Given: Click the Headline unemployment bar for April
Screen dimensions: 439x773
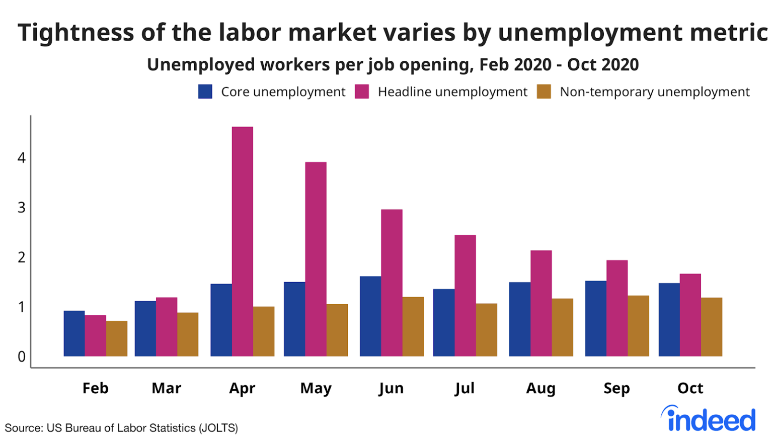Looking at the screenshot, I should point(242,241).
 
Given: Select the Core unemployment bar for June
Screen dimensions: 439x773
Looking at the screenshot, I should point(370,316).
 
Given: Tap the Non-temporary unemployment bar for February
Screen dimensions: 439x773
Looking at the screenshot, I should point(116,338).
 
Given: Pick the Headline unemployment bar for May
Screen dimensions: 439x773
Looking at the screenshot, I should point(316,259).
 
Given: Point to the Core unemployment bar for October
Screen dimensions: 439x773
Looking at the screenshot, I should point(669,320).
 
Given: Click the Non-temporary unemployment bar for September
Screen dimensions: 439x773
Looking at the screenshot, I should point(638,326).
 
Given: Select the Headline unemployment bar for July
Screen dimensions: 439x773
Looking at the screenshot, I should point(465,296).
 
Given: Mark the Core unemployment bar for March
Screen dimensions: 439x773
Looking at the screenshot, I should point(145,328).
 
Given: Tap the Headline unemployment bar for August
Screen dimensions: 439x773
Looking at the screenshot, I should point(541,303).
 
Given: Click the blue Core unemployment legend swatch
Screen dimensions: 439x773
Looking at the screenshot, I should point(205,92).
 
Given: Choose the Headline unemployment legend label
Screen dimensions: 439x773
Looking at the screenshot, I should point(452,92).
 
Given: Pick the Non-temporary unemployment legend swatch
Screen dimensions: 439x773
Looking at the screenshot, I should point(544,92).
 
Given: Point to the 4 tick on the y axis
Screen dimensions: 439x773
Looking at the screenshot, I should point(21,158).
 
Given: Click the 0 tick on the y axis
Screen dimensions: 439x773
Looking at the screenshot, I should point(21,357).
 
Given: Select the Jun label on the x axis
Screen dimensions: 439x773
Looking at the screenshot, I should point(391,388).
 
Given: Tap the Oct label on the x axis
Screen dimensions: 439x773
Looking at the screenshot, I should point(690,388).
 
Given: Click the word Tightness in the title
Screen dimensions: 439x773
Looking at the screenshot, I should point(75,33).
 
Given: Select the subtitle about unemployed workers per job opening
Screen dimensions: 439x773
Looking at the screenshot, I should point(393,65).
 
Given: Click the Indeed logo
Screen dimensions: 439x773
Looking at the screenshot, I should point(710,418).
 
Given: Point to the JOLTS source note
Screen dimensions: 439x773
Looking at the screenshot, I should point(121,428).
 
